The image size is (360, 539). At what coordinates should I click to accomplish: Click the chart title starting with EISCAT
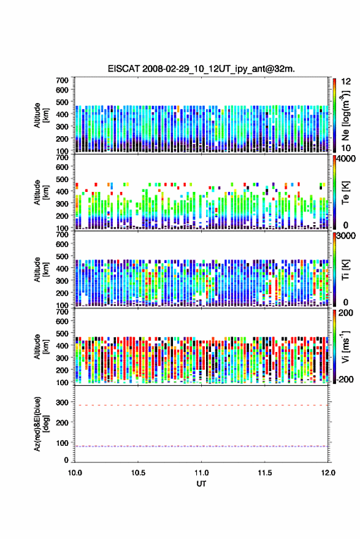pos(201,69)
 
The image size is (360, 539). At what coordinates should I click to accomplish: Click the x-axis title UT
pos(201,484)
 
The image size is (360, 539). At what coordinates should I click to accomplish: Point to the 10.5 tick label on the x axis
pos(138,473)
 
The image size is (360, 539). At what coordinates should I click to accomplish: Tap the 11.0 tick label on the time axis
pos(201,473)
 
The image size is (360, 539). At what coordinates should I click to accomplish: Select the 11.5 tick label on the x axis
pos(264,473)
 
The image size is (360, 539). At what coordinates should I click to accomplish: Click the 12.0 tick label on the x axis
pos(328,473)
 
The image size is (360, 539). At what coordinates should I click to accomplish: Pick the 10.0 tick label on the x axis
pos(75,473)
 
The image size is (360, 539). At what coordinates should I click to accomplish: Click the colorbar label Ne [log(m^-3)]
pos(345,115)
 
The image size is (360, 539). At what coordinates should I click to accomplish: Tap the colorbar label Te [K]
pos(345,193)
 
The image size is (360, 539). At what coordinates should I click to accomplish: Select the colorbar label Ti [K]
pos(345,270)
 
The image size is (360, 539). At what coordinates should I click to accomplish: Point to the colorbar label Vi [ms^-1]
pos(345,346)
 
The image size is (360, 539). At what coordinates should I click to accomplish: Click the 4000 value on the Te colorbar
pos(347,159)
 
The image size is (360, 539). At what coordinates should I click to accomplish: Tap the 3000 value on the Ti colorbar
pos(347,236)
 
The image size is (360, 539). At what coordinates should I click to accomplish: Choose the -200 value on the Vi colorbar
pos(344,380)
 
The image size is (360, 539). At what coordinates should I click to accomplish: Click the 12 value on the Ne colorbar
pos(347,82)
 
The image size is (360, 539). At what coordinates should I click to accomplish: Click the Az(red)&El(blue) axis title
pos(41,424)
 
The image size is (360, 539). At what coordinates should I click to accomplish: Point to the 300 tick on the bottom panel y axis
pos(62,402)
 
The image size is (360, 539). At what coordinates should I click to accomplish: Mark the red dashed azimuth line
pos(201,405)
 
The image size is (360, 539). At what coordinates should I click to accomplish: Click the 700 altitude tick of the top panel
pos(62,80)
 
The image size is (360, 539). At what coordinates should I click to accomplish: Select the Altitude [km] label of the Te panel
pos(41,193)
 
